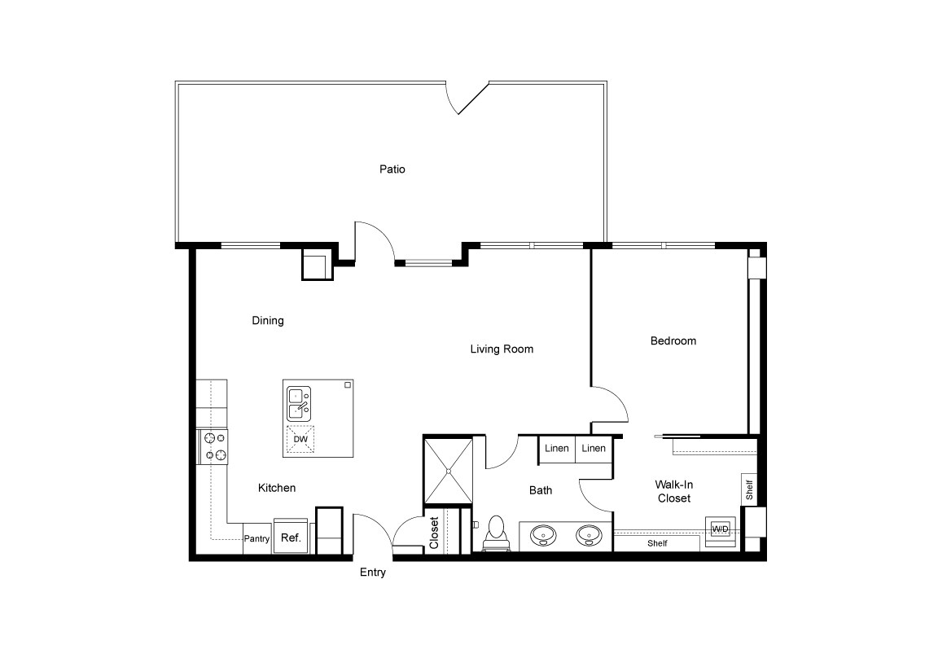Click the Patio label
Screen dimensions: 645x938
coord(392,169)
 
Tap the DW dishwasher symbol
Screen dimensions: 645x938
coord(300,439)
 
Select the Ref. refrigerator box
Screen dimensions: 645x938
coord(291,537)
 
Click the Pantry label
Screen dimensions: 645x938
coord(256,538)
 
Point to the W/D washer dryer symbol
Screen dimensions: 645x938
coord(721,529)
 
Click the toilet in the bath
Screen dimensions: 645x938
coord(495,534)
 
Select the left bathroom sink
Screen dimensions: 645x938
coord(543,536)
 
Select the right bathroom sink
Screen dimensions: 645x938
coord(589,536)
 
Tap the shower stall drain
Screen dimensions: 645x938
coord(447,470)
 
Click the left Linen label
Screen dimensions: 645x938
coord(557,449)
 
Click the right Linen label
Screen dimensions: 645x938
coord(594,449)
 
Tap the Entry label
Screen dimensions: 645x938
coord(373,573)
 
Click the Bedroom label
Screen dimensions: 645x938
coord(673,340)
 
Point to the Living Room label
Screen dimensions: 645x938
coord(502,349)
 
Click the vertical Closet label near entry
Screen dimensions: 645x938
coord(434,533)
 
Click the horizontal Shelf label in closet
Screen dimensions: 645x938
coord(657,543)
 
